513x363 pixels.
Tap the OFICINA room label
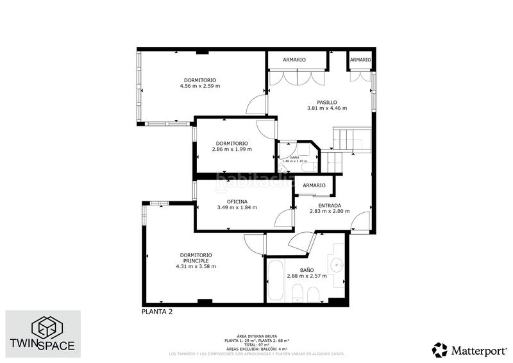[x=237, y=201]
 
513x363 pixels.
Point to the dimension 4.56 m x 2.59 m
[x=199, y=86]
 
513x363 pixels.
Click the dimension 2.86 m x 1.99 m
[x=231, y=149]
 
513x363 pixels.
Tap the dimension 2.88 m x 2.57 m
[x=307, y=276]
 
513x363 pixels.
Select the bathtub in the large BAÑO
[x=274, y=282]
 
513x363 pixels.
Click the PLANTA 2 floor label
[x=157, y=312]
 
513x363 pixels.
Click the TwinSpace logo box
[x=44, y=333]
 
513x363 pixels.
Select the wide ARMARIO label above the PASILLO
[x=294, y=60]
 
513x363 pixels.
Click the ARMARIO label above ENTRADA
[x=314, y=186]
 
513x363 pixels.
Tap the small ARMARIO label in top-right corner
[x=360, y=60]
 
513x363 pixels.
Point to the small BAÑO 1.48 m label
[x=295, y=159]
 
